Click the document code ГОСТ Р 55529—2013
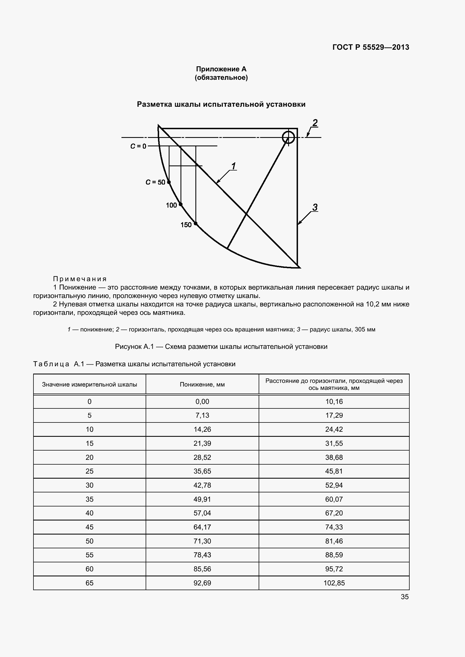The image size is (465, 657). pos(371,47)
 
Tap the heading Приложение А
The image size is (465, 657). pos(221,69)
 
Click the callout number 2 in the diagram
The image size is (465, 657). pos(315,123)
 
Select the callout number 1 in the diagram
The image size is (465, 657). pos(234,166)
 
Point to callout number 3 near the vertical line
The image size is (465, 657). pos(315,207)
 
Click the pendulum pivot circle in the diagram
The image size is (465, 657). pos(288,137)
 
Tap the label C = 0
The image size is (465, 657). pos(138,146)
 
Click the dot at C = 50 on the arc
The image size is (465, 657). pos(169,182)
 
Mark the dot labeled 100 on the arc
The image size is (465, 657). pos(181,204)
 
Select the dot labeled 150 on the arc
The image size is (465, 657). pos(196,224)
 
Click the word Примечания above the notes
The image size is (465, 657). pos(80,279)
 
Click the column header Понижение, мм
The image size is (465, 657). pos(202,384)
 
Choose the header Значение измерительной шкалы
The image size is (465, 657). pos(89,384)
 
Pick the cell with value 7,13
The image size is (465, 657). pos(202,415)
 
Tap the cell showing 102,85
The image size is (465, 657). pos(334,583)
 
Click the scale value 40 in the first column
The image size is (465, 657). pos(89,513)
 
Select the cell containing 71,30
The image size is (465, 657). pos(202,541)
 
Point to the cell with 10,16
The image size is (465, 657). pos(334,401)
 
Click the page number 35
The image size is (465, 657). pos(405,597)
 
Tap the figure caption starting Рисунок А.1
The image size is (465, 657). pos(221,347)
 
